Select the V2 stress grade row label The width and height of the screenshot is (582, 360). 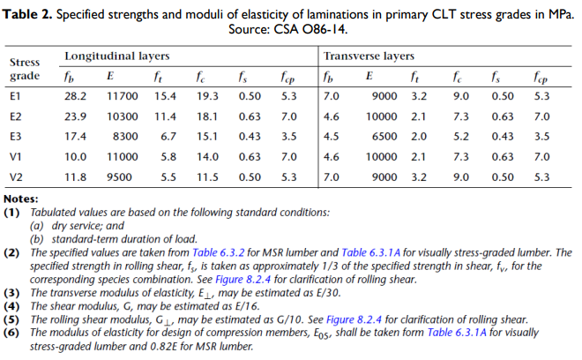point(16,176)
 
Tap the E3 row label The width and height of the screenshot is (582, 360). point(15,137)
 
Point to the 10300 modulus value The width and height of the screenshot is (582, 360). point(122,116)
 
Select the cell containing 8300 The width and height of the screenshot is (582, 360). point(125,137)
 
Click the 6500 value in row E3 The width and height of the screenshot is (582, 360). point(384,137)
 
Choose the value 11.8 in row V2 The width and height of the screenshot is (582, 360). point(76,176)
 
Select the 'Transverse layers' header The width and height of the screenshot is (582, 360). point(369,56)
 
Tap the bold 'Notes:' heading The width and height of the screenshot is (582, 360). point(20,199)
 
